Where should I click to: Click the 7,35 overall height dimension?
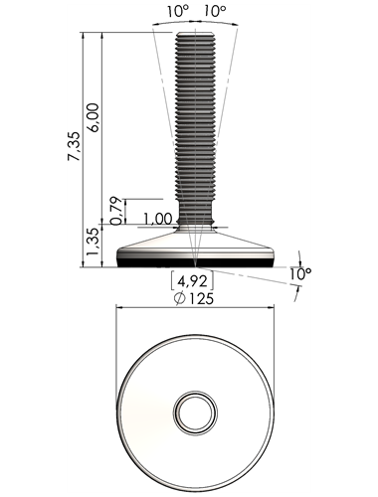[74, 146]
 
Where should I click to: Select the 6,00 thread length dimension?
[94, 118]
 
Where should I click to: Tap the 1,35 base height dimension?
[93, 242]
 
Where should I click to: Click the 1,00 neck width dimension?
[158, 220]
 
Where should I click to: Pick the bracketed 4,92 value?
[192, 281]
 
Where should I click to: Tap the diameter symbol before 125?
[179, 299]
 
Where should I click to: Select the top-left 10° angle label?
[177, 12]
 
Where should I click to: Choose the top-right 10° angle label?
[214, 12]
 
